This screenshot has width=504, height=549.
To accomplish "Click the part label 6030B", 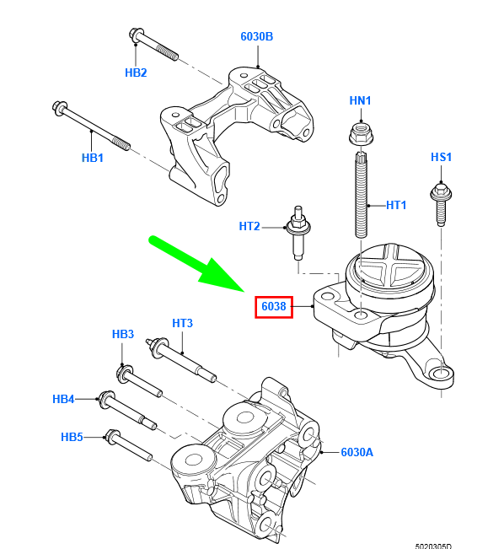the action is click(256, 36).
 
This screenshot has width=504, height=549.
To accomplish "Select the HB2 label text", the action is click(136, 73).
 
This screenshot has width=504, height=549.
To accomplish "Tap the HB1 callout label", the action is click(93, 158).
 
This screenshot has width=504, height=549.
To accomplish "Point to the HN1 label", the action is click(360, 100).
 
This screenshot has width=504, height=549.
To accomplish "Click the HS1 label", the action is click(441, 157).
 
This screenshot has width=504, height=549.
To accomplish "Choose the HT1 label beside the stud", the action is click(396, 205).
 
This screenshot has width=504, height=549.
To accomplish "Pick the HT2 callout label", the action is click(249, 226).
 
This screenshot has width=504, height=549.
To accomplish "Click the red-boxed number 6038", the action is click(274, 306).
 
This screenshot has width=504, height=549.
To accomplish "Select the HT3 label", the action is click(182, 323).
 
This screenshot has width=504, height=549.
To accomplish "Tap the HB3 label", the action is click(123, 334).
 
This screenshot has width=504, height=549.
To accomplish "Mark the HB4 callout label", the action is click(63, 399).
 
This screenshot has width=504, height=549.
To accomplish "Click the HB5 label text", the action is click(72, 437).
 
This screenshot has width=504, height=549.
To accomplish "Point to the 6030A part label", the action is click(357, 452).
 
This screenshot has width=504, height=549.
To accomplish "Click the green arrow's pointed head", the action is click(244, 291).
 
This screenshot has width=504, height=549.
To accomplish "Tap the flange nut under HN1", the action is click(362, 132).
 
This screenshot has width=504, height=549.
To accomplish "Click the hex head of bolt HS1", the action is click(441, 192).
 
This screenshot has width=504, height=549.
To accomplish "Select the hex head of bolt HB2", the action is click(136, 36).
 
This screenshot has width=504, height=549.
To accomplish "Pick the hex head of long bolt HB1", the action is click(60, 108).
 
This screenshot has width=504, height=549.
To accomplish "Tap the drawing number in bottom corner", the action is click(433, 546).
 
